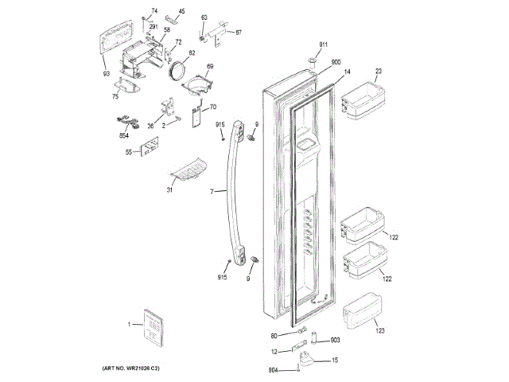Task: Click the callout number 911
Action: (x=324, y=44)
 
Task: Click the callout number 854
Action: (x=124, y=135)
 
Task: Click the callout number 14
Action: (x=347, y=72)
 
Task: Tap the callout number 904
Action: (x=274, y=369)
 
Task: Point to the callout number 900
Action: (x=336, y=62)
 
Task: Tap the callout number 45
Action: (x=181, y=11)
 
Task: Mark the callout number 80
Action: (x=274, y=335)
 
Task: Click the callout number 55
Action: (x=128, y=150)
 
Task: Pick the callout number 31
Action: (x=169, y=189)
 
